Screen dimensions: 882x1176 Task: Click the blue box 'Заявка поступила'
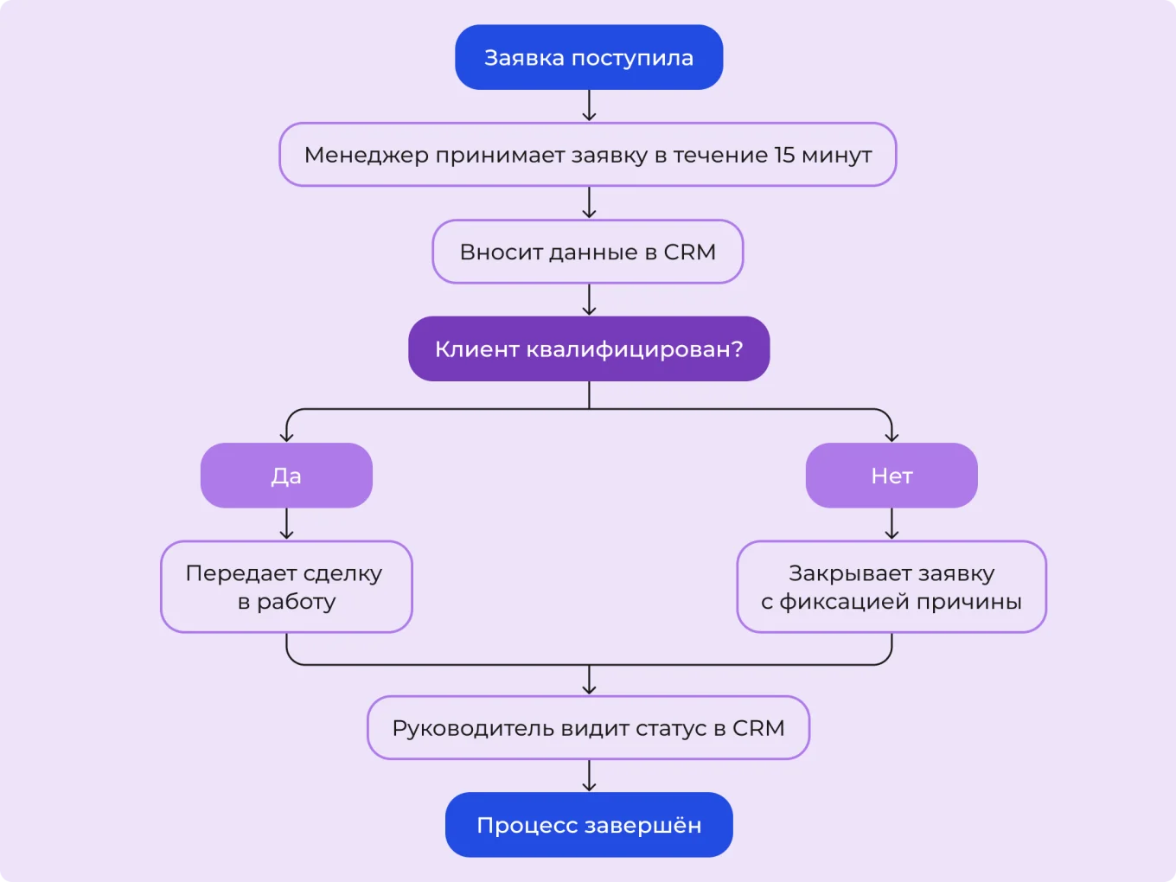[589, 58]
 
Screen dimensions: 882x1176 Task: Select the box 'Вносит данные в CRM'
[588, 252]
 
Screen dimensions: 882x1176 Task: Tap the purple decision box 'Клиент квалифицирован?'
[589, 349]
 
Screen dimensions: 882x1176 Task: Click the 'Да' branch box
[286, 476]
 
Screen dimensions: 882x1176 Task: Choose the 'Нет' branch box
[892, 476]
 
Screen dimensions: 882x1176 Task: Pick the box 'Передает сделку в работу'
[286, 587]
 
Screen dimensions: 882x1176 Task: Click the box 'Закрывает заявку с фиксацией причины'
[892, 587]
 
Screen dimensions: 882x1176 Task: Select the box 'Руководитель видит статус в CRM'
[588, 728]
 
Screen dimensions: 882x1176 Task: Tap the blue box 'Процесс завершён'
[589, 826]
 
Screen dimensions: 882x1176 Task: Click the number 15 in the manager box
[784, 155]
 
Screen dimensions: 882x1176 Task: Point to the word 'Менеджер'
[366, 156]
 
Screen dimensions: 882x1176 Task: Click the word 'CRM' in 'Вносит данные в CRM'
[689, 252]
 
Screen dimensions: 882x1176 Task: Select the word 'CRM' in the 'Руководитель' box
[758, 729]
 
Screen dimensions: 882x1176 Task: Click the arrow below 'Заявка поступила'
[589, 105]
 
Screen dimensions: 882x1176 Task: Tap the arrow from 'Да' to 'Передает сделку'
[286, 524]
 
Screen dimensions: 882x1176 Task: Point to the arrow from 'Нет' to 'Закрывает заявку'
[892, 524]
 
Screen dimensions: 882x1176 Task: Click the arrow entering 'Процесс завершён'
[589, 776]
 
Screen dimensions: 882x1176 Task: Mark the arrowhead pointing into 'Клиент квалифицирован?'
[589, 310]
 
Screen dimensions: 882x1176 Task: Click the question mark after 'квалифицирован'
[737, 349]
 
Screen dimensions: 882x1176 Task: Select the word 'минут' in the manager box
[836, 156]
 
